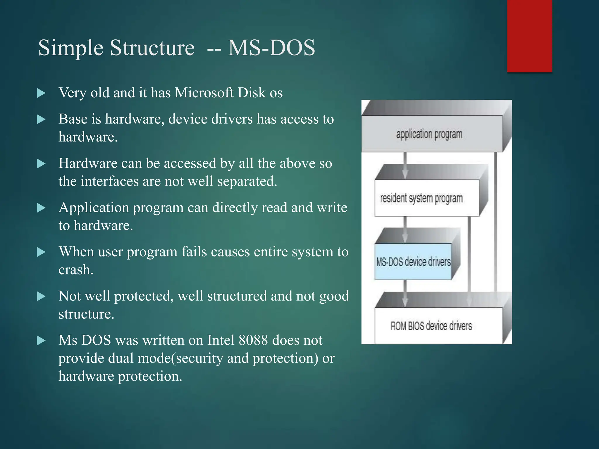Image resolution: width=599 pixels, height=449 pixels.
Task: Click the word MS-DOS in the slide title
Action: [271, 48]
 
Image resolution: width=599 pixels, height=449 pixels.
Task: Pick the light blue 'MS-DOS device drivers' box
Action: [413, 262]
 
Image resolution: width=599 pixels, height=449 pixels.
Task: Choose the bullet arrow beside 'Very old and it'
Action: [42, 94]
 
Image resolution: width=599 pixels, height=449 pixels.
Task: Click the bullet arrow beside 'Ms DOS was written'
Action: [42, 341]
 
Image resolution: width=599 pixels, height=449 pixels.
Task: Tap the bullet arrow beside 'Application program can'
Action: [42, 208]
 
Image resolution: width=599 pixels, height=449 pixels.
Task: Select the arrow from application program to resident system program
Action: [405, 165]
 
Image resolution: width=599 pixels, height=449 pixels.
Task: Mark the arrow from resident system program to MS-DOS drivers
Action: [405, 229]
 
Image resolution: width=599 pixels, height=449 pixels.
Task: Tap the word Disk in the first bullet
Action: [251, 93]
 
